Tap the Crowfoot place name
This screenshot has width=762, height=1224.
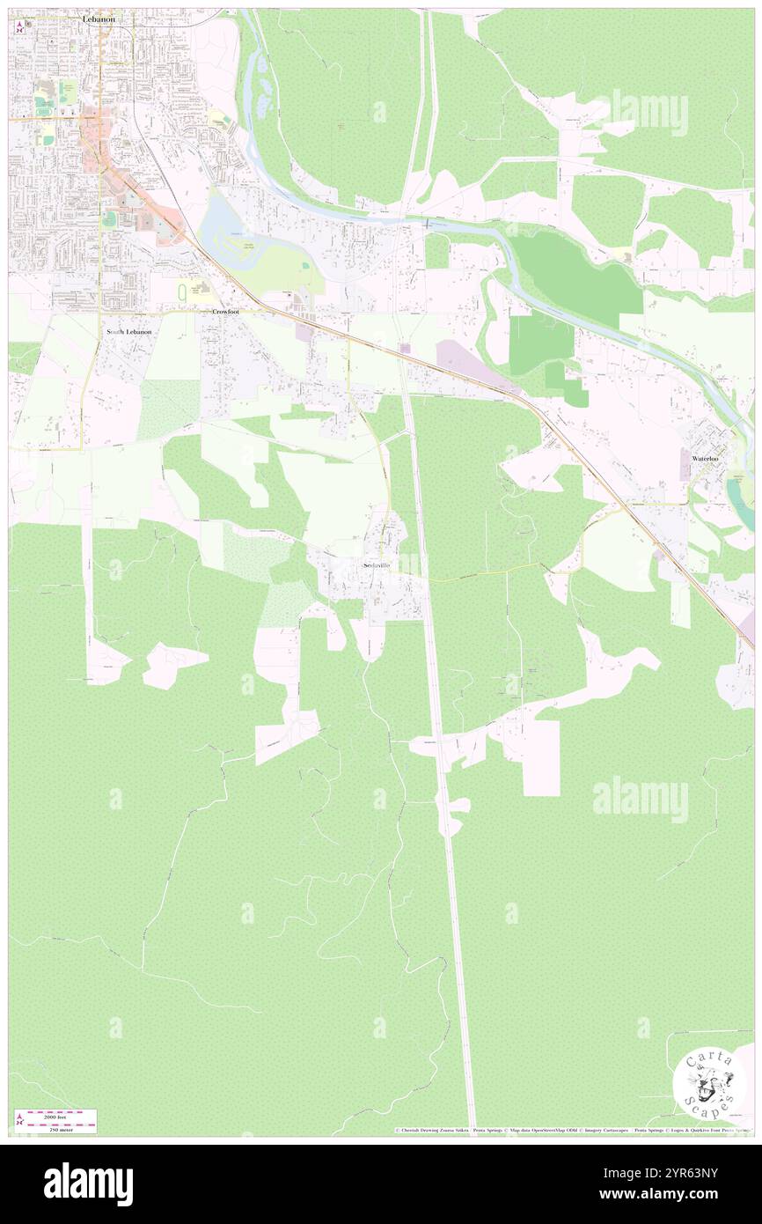point(226,312)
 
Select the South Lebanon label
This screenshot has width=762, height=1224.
point(128,331)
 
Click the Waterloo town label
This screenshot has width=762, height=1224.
point(706,459)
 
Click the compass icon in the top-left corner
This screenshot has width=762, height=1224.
point(20,27)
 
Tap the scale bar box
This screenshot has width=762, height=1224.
point(58,1121)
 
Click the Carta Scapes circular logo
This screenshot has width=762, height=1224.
point(709,1083)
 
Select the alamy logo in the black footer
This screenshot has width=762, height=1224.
point(88,1184)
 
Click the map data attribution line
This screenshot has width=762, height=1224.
point(572,1131)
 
